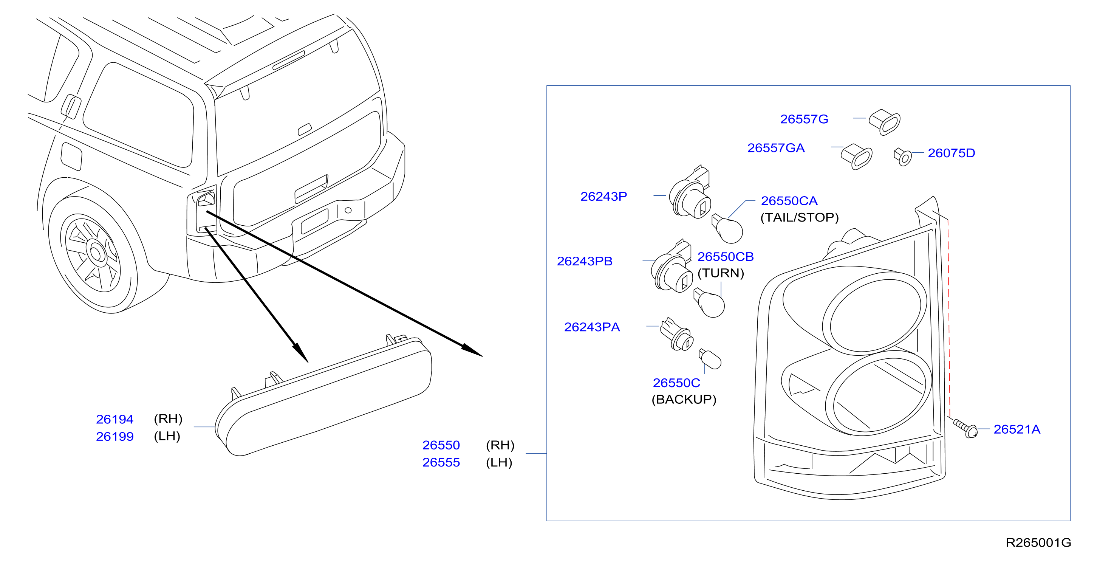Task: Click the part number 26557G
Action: pos(804,119)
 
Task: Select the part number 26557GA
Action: pos(776,148)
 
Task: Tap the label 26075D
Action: pos(952,153)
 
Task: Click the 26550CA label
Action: pos(789,201)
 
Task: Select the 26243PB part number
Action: pos(585,261)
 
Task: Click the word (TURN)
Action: pos(721,273)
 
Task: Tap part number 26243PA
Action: pos(592,327)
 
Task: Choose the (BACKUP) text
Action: pos(684,399)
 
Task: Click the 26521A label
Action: pos(1017,429)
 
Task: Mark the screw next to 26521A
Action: pos(965,428)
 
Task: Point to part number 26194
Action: pos(114,419)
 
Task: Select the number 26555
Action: pos(441,462)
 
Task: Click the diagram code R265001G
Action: pos(1038,542)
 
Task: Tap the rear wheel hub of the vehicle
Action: pos(96,253)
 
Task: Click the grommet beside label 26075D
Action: pos(902,157)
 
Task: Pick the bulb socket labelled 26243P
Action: pos(690,192)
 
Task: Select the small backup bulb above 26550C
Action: pos(710,359)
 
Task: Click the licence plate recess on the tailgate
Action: pos(314,221)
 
